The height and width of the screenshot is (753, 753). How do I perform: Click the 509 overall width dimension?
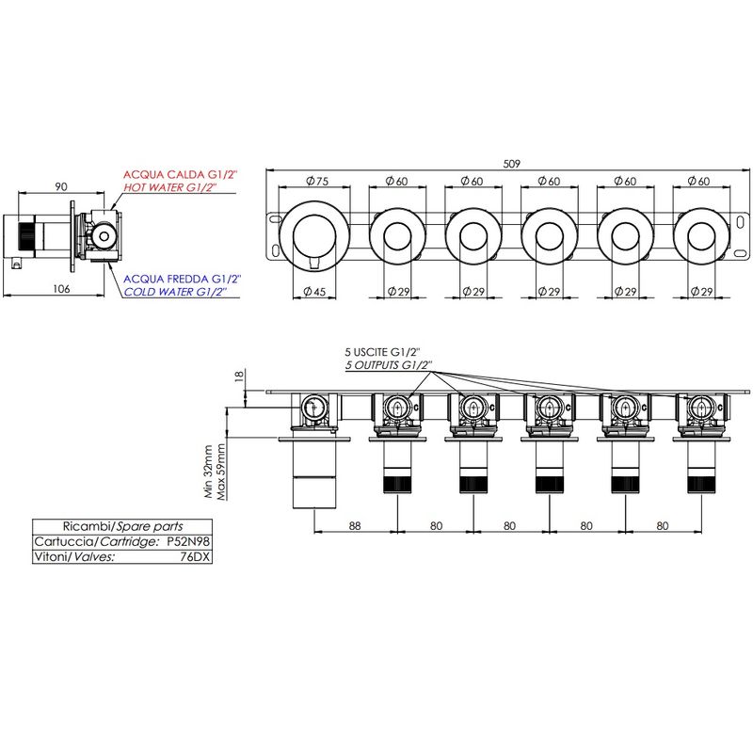(511, 164)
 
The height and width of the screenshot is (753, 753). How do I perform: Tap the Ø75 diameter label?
(317, 181)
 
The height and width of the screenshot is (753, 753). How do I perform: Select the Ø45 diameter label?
(314, 292)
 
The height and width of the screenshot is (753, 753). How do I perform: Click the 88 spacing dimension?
(355, 526)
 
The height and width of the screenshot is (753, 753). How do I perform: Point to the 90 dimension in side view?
(61, 186)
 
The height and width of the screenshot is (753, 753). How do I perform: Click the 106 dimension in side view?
(61, 289)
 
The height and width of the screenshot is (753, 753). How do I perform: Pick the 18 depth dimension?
(240, 376)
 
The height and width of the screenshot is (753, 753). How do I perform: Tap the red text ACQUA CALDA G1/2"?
(181, 174)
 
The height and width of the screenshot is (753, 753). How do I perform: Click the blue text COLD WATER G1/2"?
(175, 292)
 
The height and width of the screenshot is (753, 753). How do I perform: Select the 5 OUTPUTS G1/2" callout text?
(387, 365)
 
